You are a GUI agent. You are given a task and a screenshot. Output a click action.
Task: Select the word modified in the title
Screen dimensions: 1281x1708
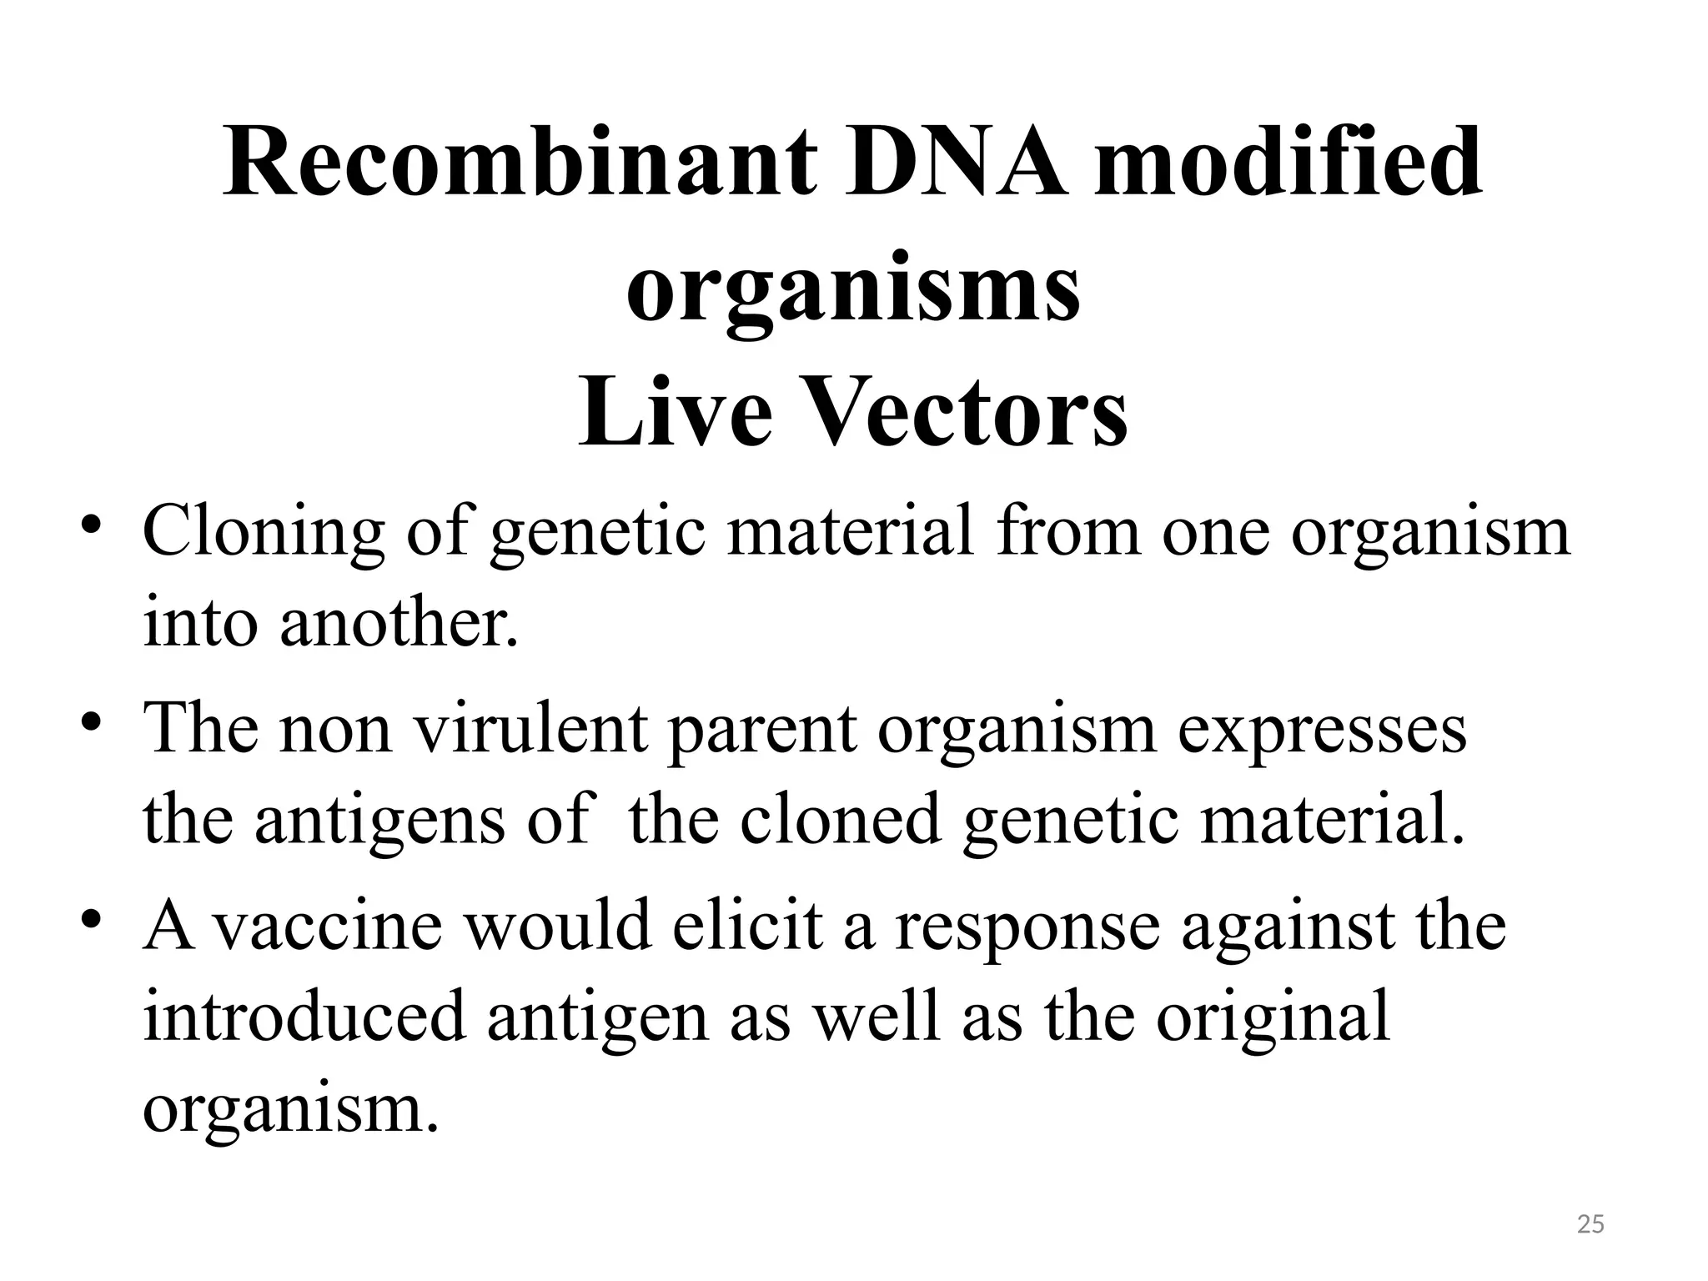(x=1289, y=163)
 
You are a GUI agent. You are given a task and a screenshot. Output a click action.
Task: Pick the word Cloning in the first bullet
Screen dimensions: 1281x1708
(x=263, y=533)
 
